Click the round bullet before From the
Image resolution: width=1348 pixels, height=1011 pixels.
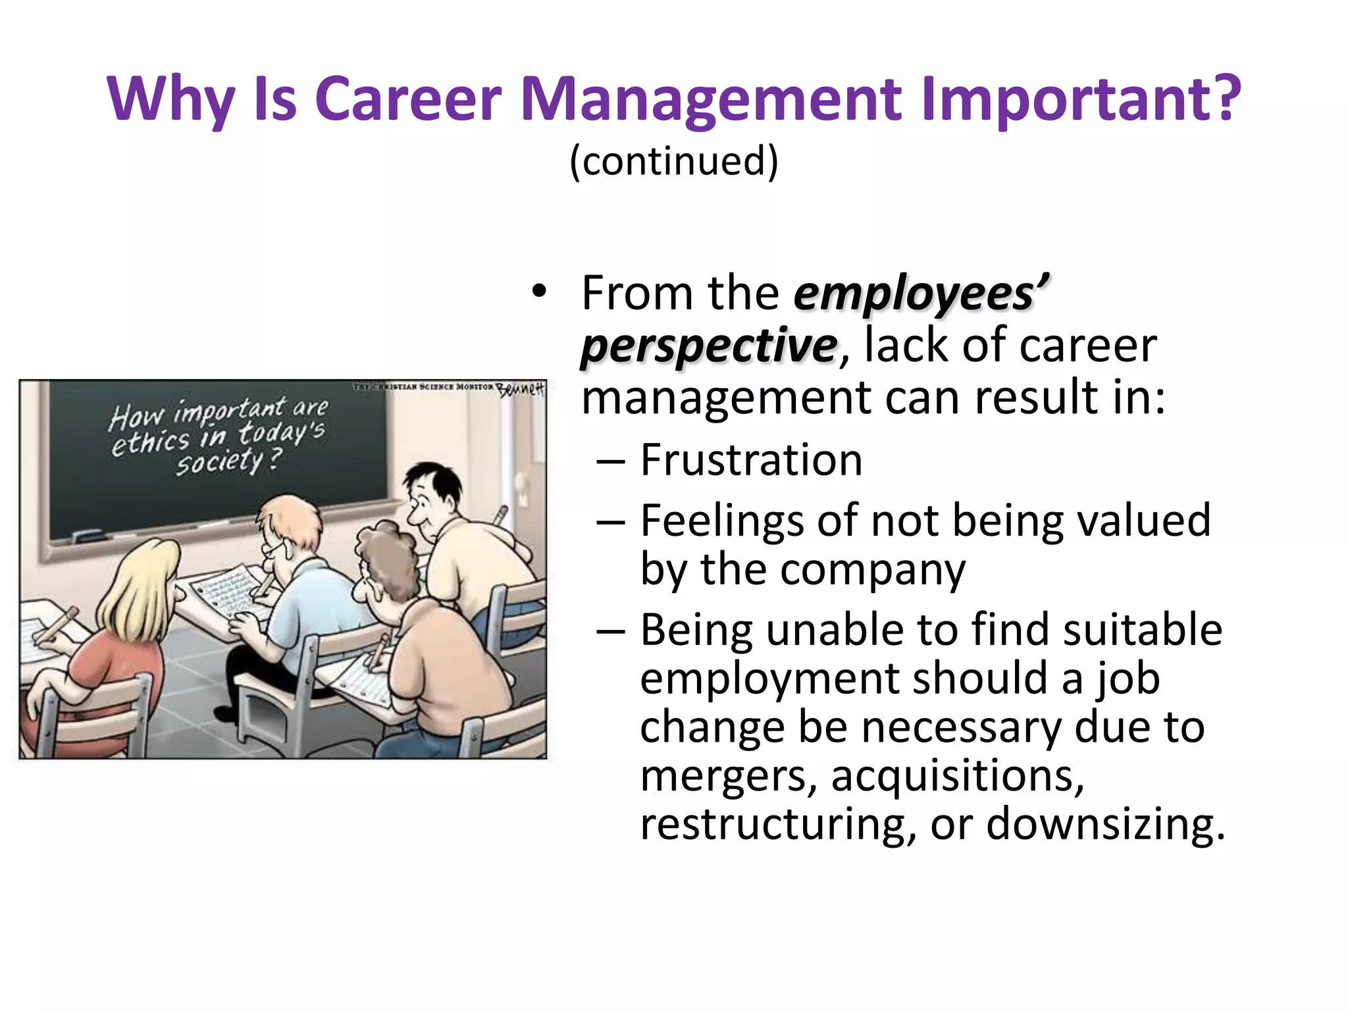click(x=539, y=293)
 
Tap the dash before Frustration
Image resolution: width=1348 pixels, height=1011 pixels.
click(x=610, y=461)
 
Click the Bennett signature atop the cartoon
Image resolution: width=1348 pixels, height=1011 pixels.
click(x=520, y=389)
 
